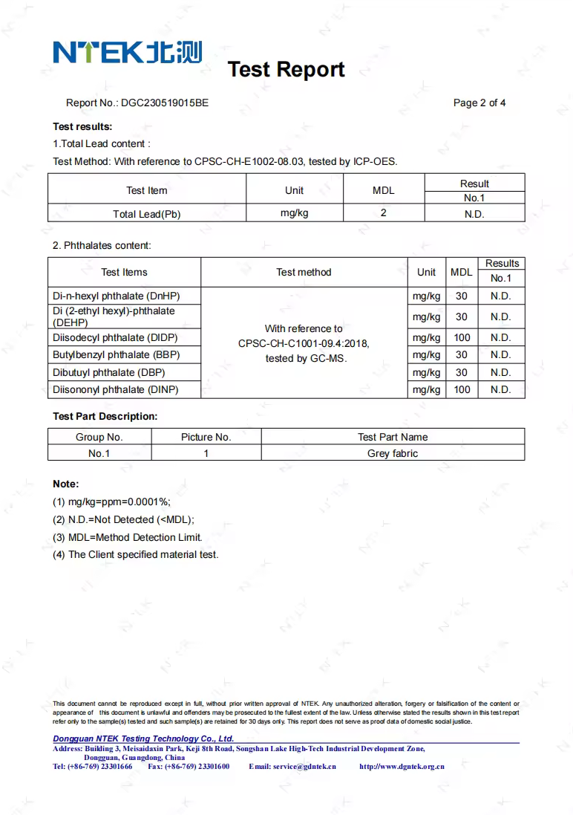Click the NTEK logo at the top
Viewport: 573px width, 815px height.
coord(127,52)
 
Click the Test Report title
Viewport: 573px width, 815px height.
coord(286,69)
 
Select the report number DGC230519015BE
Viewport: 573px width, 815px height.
coord(165,103)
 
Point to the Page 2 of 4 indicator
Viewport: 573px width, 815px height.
coord(479,103)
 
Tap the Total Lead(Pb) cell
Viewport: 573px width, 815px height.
coord(146,214)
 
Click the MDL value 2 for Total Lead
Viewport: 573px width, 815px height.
coord(383,213)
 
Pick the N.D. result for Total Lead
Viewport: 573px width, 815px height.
coord(474,214)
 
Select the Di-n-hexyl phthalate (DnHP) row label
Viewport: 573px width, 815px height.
coord(117,296)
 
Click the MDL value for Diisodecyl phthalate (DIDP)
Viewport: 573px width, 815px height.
coord(462,337)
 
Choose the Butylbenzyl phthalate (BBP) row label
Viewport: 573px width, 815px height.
coord(117,355)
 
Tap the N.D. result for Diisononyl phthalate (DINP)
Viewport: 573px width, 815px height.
coord(501,389)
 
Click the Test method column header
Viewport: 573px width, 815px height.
coord(304,272)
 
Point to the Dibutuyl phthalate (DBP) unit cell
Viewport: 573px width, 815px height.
coord(426,372)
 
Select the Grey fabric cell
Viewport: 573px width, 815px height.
coord(393,453)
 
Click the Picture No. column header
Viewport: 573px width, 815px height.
coord(206,437)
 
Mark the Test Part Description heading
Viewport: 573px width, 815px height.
coord(105,416)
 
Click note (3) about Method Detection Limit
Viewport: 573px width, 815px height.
coord(127,537)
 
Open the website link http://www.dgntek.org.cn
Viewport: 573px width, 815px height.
coord(402,766)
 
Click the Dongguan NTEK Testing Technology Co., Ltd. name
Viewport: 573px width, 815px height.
coord(143,738)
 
